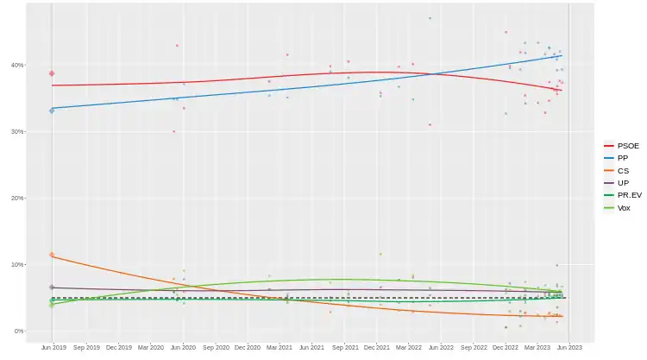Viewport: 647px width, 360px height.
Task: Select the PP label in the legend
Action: (x=619, y=159)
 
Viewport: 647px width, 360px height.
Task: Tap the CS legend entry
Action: (x=619, y=171)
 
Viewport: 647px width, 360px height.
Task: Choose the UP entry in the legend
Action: (x=619, y=183)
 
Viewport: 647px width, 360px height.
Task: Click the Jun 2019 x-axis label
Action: (x=53, y=348)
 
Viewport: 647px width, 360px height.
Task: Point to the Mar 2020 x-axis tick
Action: (x=150, y=348)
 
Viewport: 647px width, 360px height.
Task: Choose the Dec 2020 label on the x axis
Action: (x=247, y=348)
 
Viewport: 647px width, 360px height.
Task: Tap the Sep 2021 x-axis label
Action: (x=344, y=348)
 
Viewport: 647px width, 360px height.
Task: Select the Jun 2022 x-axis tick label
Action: (x=441, y=348)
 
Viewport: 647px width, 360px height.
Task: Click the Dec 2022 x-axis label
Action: (x=506, y=348)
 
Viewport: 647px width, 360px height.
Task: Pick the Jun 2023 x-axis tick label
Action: (x=570, y=348)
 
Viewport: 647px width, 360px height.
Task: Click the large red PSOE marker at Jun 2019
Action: (x=52, y=73)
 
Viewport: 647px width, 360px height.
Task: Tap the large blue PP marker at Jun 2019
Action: (x=52, y=111)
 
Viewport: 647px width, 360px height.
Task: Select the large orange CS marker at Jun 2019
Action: (x=52, y=256)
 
